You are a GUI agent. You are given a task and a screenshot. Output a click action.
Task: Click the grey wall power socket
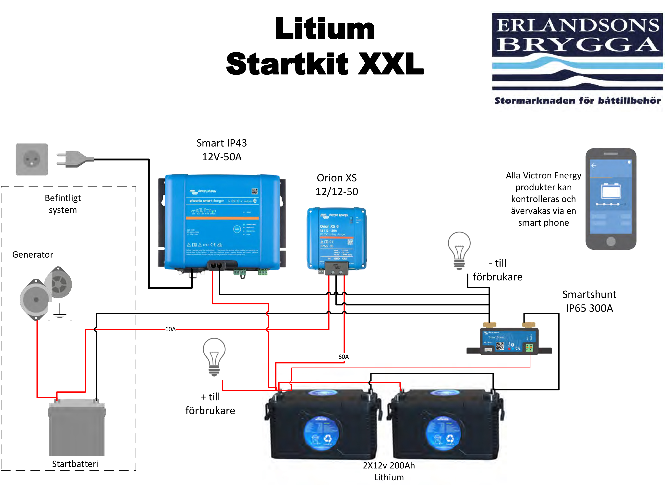[32, 160]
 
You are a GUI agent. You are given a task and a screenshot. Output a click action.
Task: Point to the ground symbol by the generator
[60, 312]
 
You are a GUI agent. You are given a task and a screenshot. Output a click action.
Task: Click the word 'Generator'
[32, 255]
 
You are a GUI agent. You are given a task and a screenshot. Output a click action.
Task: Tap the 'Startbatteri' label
[75, 464]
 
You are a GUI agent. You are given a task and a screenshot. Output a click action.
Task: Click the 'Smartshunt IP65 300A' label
[589, 301]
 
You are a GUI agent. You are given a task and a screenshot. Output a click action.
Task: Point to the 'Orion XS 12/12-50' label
[337, 185]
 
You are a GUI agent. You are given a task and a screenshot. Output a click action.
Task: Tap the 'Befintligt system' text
[63, 204]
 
